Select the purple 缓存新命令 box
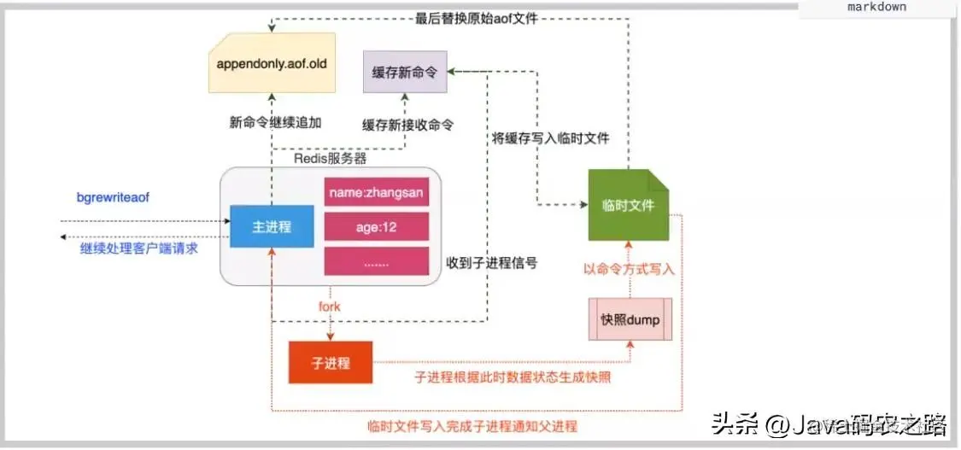point(404,71)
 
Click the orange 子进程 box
point(331,363)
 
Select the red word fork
point(329,307)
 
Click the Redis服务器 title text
point(330,159)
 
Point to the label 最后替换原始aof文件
point(477,18)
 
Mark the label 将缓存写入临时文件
point(549,138)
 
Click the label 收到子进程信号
point(491,263)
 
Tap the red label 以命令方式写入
point(630,269)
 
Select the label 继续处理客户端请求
point(138,248)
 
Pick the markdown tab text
point(876,7)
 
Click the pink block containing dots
point(376,263)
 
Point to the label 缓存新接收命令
point(407,125)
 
